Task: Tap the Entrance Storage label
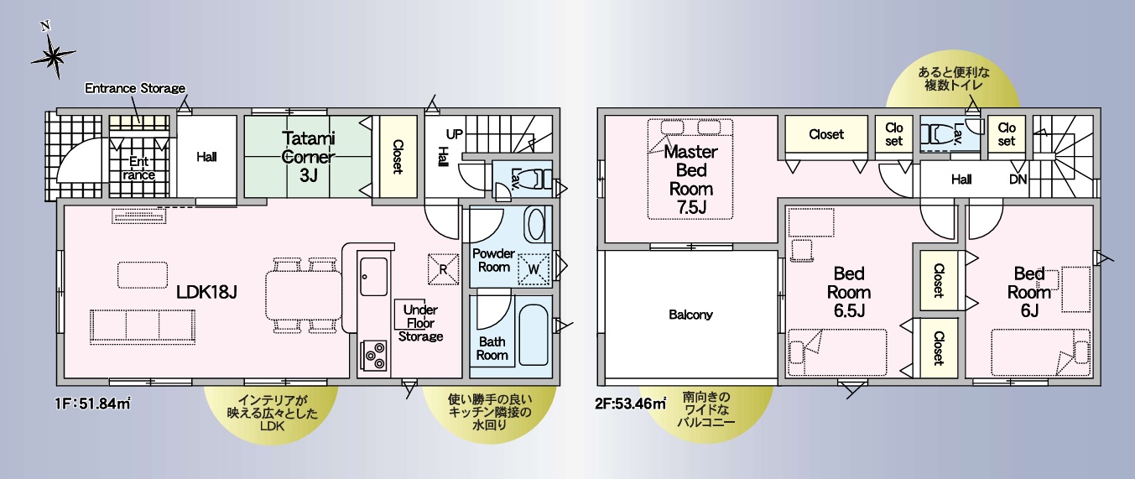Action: tap(135, 88)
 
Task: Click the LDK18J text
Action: tap(206, 292)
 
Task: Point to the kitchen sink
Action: tap(373, 277)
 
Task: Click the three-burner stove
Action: tap(373, 355)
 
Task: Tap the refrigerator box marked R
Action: tap(442, 268)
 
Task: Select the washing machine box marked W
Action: tap(533, 268)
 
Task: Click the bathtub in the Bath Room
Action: tap(534, 335)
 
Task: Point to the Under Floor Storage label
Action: tap(420, 323)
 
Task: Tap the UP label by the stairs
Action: tap(455, 134)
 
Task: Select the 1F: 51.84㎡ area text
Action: tap(93, 404)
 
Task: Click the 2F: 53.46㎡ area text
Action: tap(630, 404)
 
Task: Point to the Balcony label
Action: tap(690, 315)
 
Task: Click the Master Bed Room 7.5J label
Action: tap(691, 180)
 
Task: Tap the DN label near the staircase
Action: tap(1018, 180)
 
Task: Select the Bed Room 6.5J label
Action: tap(849, 292)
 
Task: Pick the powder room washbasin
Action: tap(535, 225)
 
